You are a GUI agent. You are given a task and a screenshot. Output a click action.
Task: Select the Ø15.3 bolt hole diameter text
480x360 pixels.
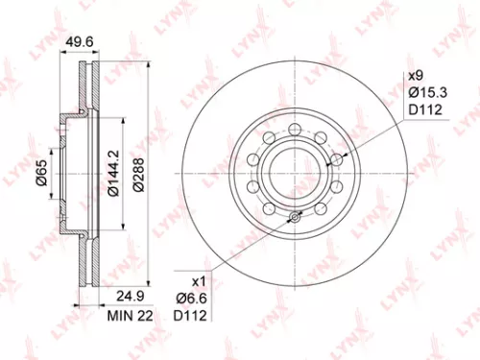[x=424, y=91]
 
